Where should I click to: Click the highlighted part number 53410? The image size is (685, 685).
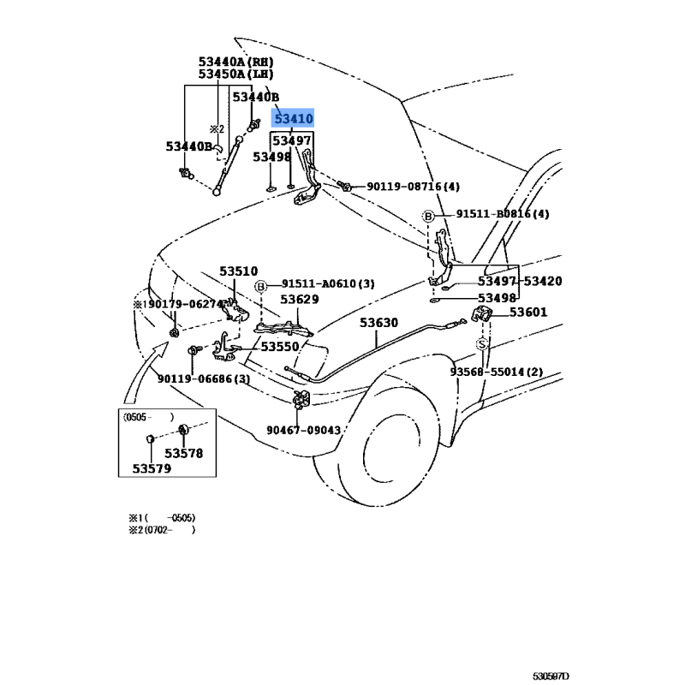[293, 119]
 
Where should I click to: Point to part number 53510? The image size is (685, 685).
[238, 271]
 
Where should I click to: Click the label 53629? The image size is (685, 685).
[300, 299]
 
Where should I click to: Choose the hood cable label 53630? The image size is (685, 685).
[378, 323]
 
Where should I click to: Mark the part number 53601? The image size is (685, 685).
[528, 313]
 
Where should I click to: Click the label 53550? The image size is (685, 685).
[280, 347]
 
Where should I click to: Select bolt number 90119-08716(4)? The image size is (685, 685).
[414, 187]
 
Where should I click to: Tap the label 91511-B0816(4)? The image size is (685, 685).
[502, 214]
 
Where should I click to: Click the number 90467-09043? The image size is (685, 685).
[302, 431]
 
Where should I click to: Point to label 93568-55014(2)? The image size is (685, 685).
[497, 372]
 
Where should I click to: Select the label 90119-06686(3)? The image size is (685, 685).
[203, 378]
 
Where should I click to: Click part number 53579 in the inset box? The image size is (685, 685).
[151, 468]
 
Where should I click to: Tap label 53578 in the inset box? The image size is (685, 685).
[184, 453]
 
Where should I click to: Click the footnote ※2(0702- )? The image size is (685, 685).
[162, 530]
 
